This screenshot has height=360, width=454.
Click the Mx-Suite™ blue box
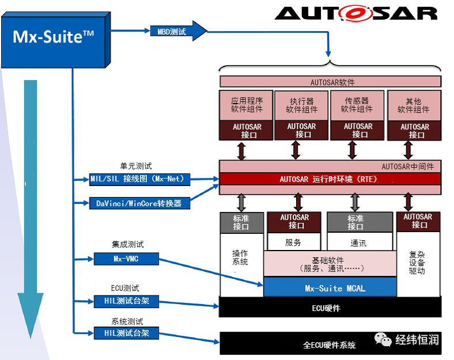point(55,40)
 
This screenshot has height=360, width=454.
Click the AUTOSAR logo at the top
point(356,14)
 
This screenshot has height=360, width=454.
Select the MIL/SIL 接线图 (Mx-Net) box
point(139,179)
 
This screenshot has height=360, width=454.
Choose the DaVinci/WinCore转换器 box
point(139,203)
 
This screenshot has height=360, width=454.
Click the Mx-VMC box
point(126,259)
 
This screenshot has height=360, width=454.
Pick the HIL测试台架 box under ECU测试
point(126,301)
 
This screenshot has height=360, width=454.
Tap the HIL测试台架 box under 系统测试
point(126,333)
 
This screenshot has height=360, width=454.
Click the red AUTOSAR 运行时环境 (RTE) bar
point(330,179)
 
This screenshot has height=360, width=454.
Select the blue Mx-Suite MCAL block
point(330,287)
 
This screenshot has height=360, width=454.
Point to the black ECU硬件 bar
point(330,307)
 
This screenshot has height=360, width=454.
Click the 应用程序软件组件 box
point(246,105)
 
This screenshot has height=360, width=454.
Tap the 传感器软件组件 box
point(357,105)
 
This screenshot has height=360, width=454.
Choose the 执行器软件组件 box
point(301,105)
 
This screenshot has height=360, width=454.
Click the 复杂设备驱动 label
point(417,263)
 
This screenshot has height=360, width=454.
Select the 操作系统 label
point(240,257)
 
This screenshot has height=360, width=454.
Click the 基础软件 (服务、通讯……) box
point(330,264)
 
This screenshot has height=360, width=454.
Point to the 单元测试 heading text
point(136,166)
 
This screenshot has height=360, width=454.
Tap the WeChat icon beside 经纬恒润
point(383,339)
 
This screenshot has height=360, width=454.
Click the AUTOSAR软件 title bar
point(330,82)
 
